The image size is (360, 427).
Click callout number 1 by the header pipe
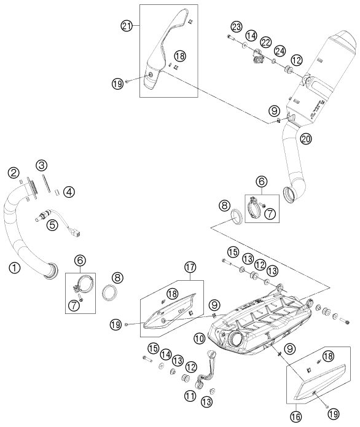click(14, 268)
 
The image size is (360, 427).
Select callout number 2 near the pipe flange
click(14, 173)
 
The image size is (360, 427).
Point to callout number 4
click(69, 192)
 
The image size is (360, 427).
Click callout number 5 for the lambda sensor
click(52, 225)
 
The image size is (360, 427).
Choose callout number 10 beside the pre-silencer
click(199, 339)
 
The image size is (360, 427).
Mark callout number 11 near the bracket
click(190, 396)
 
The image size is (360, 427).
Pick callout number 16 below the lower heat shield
click(296, 417)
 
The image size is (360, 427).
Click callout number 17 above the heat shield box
click(190, 267)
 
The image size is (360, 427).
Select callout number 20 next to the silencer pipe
click(305, 139)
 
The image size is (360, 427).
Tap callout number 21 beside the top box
click(127, 26)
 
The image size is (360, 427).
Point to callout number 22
click(266, 42)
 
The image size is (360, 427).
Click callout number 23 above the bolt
click(237, 27)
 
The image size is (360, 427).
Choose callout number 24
click(280, 51)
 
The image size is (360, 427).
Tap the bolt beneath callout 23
click(230, 37)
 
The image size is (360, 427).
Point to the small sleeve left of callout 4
click(58, 191)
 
